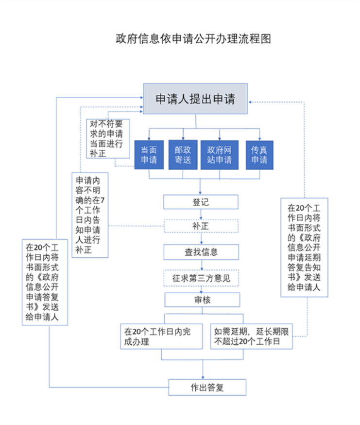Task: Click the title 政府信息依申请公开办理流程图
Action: [193, 38]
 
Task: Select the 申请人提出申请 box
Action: [195, 99]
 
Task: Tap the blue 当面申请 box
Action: [149, 155]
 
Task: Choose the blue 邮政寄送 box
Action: [183, 155]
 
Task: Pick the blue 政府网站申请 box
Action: [220, 155]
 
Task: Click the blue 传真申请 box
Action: [259, 155]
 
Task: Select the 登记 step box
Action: [201, 202]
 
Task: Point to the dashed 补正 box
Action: [201, 226]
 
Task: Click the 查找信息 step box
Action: [201, 252]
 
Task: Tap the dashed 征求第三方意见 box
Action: [201, 278]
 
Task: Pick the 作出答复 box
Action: [207, 388]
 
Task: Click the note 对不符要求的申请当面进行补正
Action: [108, 139]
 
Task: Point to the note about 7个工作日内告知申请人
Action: [90, 214]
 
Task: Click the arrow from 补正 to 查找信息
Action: [201, 239]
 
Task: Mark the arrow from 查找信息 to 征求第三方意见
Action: [201, 265]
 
